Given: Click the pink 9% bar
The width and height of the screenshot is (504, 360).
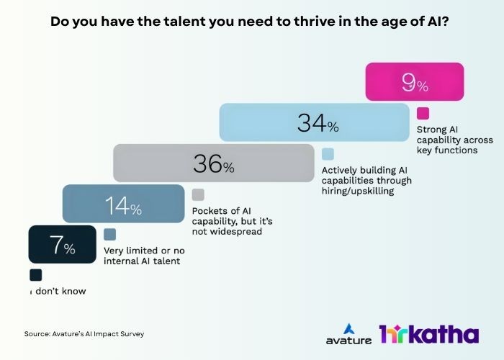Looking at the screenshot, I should coord(414,82).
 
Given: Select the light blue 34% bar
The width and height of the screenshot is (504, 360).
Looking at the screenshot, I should coord(317,122).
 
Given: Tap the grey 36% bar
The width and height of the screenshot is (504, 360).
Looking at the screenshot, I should coord(213,163).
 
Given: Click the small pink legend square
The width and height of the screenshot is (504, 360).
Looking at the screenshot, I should coord(423,113).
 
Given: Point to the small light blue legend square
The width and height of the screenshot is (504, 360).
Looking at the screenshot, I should coord(328,153).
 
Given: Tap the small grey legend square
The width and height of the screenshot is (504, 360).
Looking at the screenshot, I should coord(198,194).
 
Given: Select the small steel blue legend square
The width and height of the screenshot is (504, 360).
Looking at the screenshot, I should coord(110,234).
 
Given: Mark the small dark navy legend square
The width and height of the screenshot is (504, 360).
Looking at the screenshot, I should coord(36,275).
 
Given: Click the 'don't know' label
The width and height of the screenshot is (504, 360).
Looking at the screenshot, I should coord(57,292).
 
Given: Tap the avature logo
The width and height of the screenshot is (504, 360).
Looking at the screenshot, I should coord(347,333).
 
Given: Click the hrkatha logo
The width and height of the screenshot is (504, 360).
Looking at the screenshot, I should coord(428,334).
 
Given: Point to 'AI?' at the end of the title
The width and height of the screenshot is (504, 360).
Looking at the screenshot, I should coord(441,21).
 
